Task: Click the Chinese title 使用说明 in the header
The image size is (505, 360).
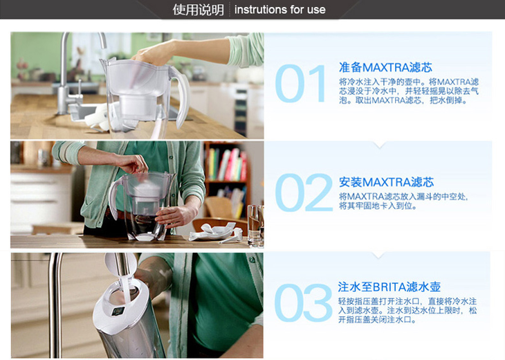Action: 198,10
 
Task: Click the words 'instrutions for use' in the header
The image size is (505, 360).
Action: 280,10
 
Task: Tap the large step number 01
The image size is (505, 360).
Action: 300,84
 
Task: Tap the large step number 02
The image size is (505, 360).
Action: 304,192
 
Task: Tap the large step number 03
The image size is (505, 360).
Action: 303,303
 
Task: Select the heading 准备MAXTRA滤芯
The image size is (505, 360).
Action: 385,67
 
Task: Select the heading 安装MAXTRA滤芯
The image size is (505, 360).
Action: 386,182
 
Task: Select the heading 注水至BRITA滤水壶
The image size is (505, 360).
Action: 389,287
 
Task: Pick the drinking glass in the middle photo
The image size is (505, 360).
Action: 256,226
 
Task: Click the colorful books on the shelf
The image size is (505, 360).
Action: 228,165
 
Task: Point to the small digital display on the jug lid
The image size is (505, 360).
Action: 118,311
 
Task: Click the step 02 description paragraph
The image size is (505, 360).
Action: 403,201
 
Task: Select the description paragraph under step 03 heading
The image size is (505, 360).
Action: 407,310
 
